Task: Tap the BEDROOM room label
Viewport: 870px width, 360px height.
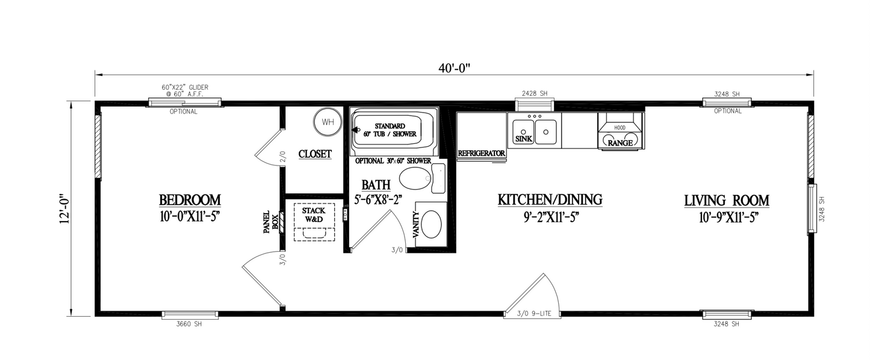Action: point(190,200)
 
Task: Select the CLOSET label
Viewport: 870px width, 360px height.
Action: point(315,154)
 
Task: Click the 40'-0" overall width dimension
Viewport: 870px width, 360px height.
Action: point(454,68)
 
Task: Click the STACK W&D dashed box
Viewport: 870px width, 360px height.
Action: point(314,222)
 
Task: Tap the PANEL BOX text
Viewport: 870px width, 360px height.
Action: point(271,222)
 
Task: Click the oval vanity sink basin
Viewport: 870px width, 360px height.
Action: point(431,224)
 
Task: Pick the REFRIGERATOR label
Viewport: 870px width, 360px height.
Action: point(481,154)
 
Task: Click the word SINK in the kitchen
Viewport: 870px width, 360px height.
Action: point(524,139)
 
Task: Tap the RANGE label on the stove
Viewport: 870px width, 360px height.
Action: point(620,143)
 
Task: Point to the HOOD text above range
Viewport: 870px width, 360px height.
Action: point(620,128)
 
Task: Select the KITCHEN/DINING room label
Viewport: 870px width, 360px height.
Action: point(550,200)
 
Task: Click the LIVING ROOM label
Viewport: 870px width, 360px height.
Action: point(726,201)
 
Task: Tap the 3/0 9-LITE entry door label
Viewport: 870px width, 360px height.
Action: point(534,314)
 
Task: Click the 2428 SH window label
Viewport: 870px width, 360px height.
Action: point(535,93)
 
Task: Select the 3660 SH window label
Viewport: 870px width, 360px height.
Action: point(189,324)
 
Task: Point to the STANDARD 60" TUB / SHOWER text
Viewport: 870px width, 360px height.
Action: point(390,130)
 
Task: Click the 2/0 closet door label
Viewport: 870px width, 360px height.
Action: point(282,157)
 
